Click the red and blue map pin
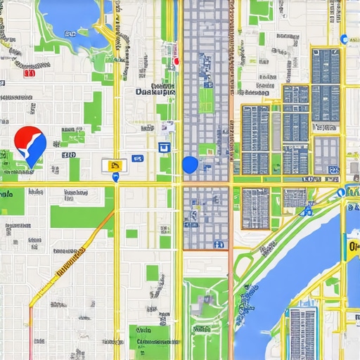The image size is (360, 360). point(30,144)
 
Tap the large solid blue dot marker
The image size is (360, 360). point(190,165)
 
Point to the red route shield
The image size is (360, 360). point(29,72)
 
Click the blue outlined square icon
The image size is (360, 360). point(165,147)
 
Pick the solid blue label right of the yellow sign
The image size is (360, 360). point(138,159)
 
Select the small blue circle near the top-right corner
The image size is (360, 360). point(343,39)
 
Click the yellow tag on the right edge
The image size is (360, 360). point(354,247)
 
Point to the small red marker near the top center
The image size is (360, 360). point(176,61)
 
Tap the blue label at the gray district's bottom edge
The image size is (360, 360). point(219,244)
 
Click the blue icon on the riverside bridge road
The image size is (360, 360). point(307,210)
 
